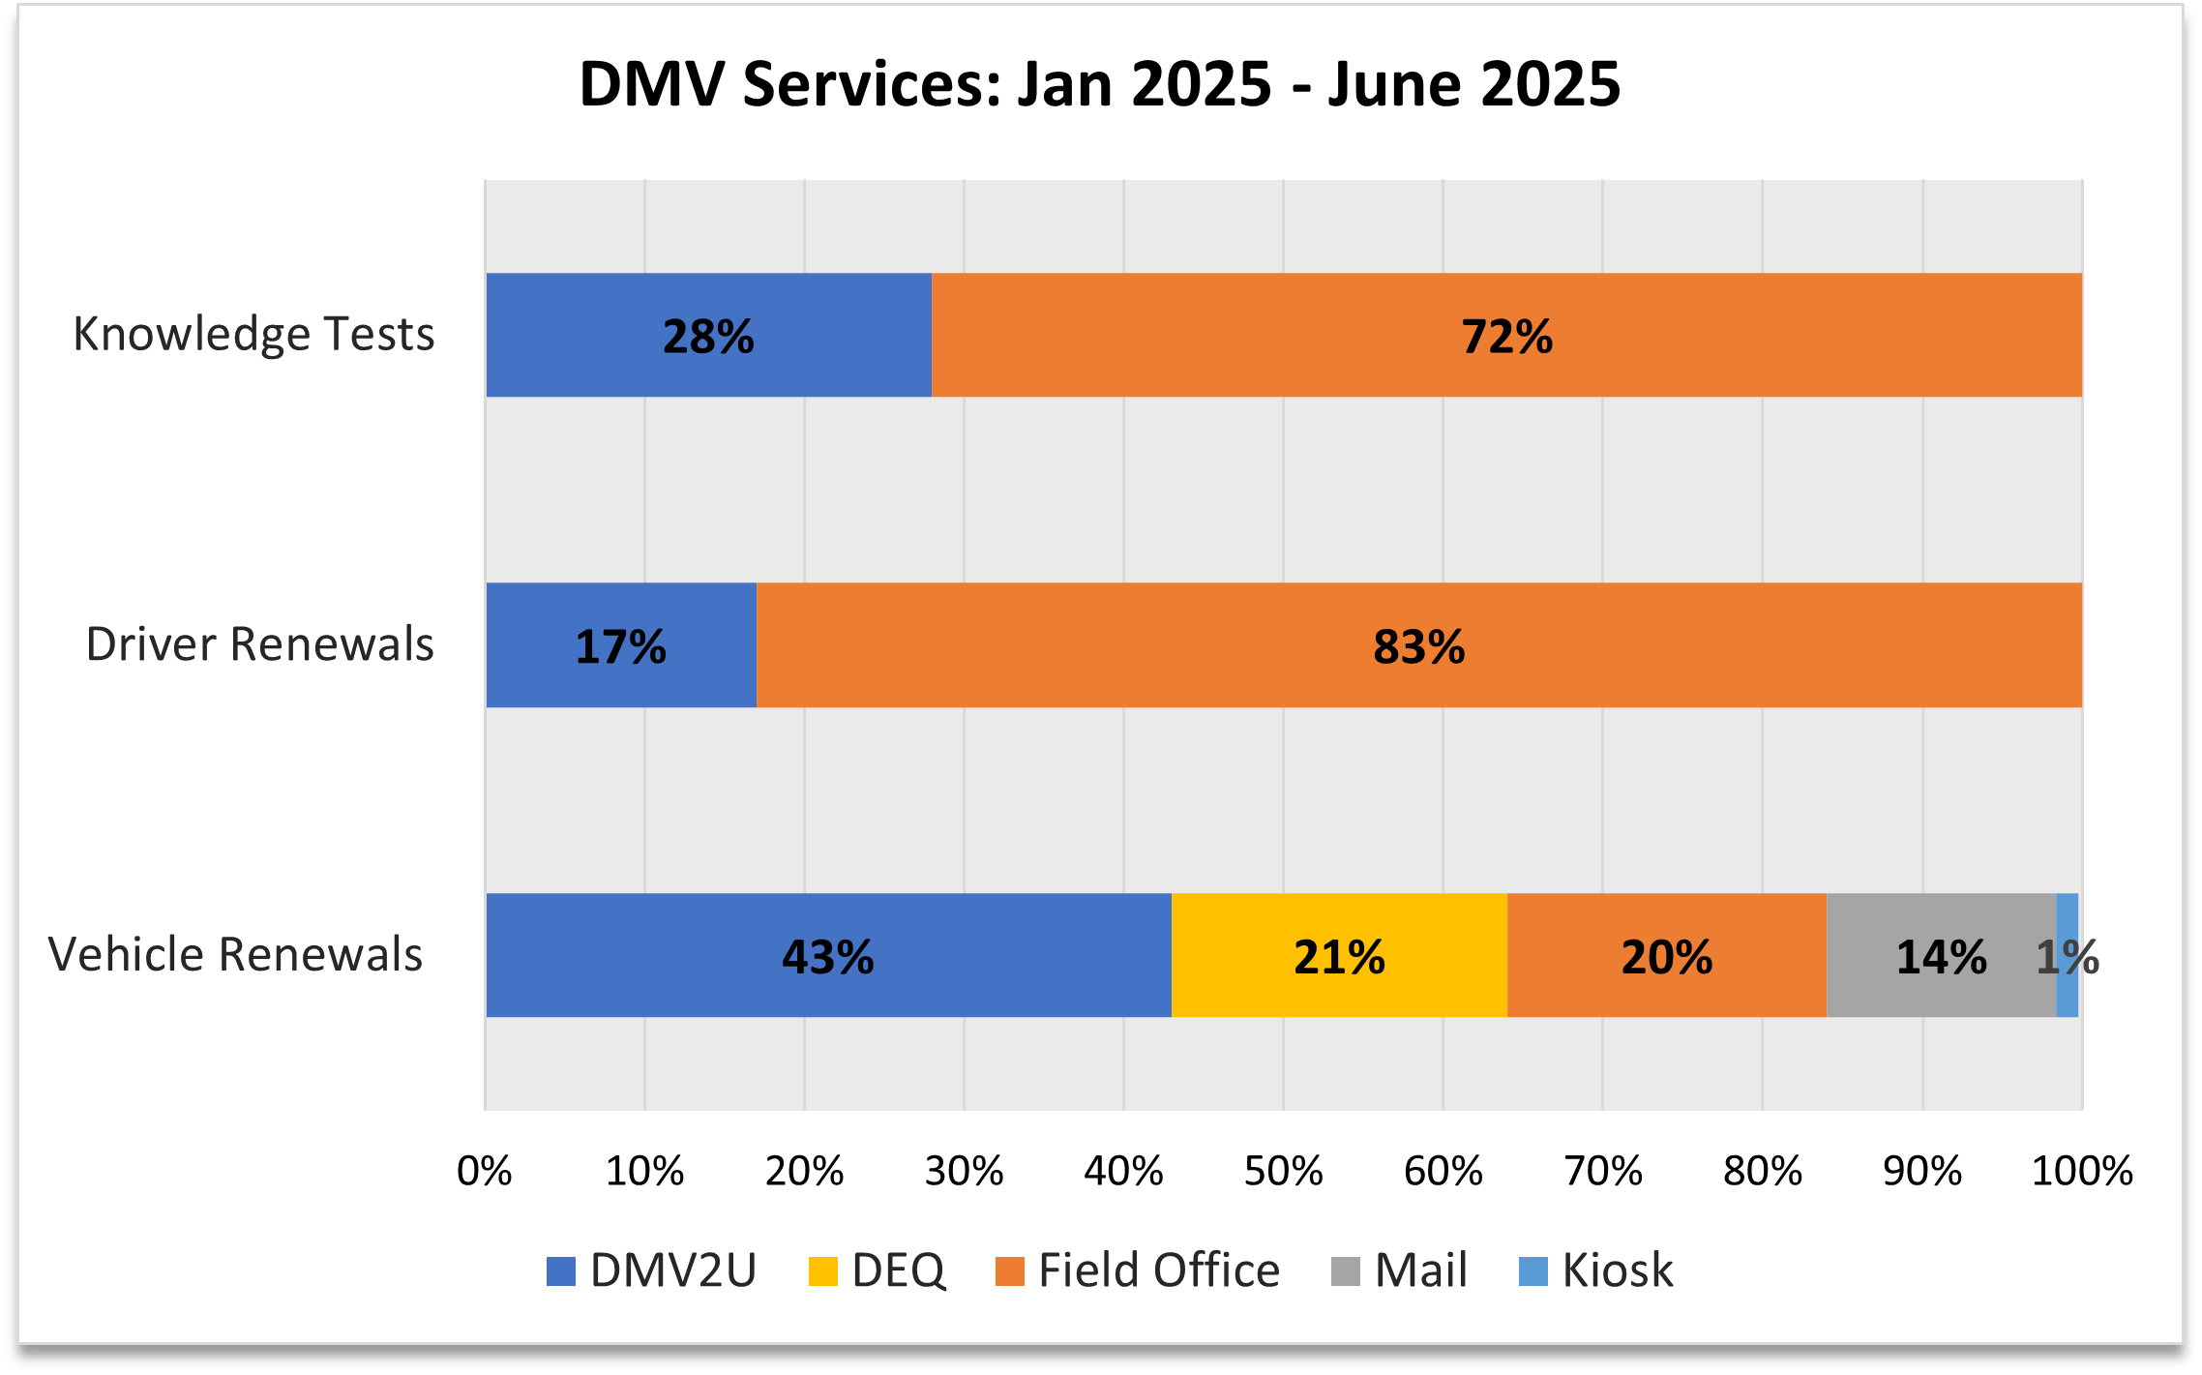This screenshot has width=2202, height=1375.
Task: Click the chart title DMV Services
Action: pos(1099,84)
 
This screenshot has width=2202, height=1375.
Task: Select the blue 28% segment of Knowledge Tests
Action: pos(708,335)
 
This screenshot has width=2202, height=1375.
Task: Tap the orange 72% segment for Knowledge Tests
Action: pos(1505,335)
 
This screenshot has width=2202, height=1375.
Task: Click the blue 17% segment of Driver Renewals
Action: pos(620,645)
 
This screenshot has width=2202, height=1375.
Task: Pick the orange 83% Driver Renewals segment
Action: pos(1418,645)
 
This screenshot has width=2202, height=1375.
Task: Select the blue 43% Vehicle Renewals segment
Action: pos(827,955)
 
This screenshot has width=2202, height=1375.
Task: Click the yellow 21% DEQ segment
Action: pos(1339,955)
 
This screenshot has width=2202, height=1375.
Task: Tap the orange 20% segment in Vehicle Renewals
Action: pos(1666,955)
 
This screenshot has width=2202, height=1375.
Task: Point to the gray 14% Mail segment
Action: pos(1940,955)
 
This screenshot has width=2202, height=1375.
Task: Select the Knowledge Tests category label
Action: pos(253,335)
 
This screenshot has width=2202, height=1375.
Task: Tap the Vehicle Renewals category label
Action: pos(235,955)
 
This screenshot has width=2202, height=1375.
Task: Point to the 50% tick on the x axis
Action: pos(1283,1172)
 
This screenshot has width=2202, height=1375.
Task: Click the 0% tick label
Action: pos(484,1172)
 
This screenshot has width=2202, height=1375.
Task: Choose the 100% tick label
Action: pos(2081,1172)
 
